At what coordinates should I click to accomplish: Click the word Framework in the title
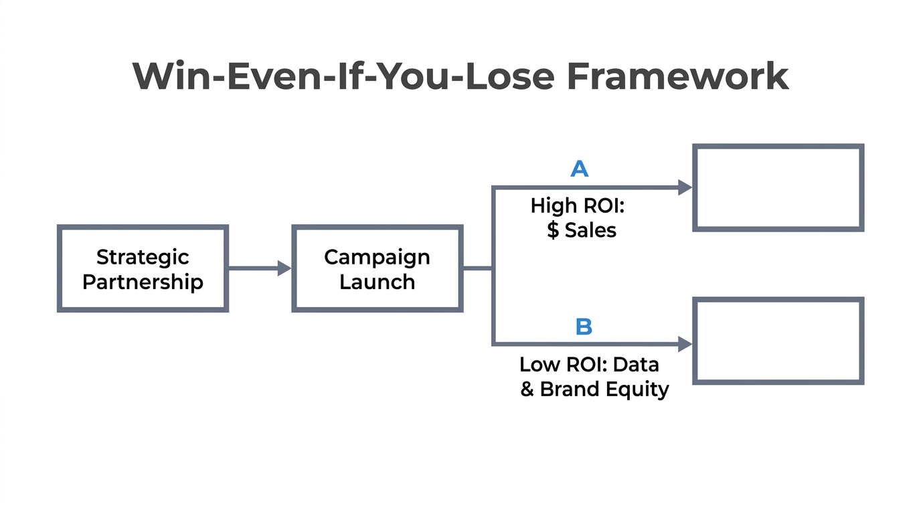[x=677, y=76]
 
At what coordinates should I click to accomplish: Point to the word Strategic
[x=143, y=257]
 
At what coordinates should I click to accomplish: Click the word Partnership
[x=143, y=281]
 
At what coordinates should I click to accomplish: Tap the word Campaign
[x=377, y=257]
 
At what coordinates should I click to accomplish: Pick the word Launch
[x=377, y=281]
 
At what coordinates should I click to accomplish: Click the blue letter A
[x=580, y=169]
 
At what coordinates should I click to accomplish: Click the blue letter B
[x=584, y=327]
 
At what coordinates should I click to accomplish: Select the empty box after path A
[x=778, y=188]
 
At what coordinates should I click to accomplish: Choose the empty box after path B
[x=778, y=341]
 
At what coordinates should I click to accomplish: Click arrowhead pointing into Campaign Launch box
[x=284, y=268]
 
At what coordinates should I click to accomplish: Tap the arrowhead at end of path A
[x=684, y=187]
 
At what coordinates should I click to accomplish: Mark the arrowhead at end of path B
[x=684, y=344]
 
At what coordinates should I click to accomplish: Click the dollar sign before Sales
[x=553, y=230]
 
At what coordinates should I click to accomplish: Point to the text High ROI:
[x=577, y=205]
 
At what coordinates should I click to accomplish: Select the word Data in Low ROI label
[x=636, y=365]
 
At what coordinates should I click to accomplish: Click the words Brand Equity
[x=604, y=389]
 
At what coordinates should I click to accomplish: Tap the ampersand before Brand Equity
[x=527, y=389]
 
